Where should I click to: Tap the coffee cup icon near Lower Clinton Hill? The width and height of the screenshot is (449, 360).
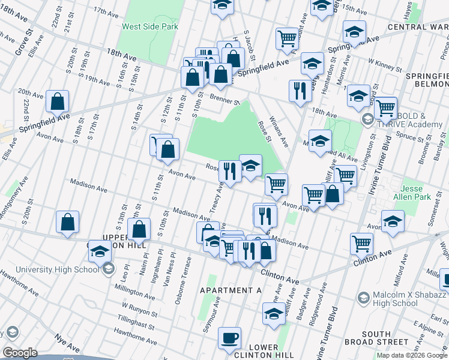click(x=229, y=338)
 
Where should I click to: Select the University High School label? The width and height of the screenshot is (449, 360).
click(x=57, y=269)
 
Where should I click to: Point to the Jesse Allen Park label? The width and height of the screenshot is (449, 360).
click(x=412, y=192)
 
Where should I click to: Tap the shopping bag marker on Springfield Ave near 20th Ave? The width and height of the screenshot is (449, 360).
click(x=57, y=102)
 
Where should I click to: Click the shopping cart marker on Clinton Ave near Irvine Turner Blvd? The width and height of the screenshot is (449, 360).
click(x=362, y=243)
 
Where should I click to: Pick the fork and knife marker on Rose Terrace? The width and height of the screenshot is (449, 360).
click(x=230, y=172)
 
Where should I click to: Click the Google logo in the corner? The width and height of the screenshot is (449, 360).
click(x=20, y=353)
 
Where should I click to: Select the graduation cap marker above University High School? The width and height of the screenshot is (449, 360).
click(x=99, y=252)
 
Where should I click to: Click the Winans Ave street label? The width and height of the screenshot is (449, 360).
click(x=279, y=131)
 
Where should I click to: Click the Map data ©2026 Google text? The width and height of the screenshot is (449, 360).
click(x=411, y=355)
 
